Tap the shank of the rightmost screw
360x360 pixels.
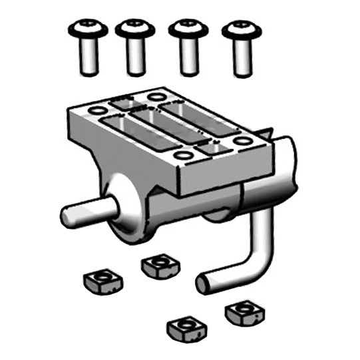point(242,58)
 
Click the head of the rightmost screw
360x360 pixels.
point(242,29)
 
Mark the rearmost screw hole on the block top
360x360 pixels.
point(156,97)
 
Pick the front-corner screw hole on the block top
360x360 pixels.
point(184,156)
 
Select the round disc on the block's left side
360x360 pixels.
point(126,206)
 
